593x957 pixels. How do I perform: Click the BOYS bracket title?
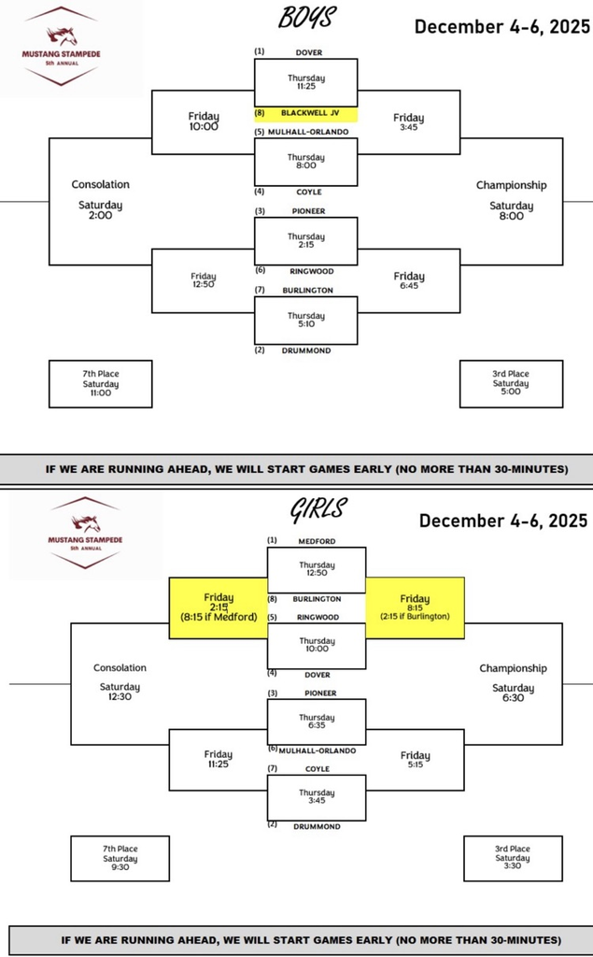tap(307, 19)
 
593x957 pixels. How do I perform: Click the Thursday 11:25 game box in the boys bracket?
tap(306, 82)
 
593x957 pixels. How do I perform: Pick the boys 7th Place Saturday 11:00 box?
tap(100, 383)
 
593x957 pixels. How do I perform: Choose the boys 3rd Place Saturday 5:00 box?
tap(511, 383)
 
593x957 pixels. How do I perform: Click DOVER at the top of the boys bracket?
tap(308, 52)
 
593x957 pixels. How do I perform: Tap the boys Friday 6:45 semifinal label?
tap(408, 280)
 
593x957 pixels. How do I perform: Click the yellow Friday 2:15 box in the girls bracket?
tap(218, 607)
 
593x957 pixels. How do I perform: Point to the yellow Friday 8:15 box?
tap(415, 607)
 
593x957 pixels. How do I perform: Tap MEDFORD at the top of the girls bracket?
tap(317, 541)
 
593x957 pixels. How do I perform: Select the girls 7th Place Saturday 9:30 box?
tap(120, 858)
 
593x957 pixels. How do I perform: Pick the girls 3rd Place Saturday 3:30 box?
tap(513, 858)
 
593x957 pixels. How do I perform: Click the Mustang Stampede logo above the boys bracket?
tap(64, 47)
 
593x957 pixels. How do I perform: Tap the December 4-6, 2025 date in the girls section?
tap(502, 521)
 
